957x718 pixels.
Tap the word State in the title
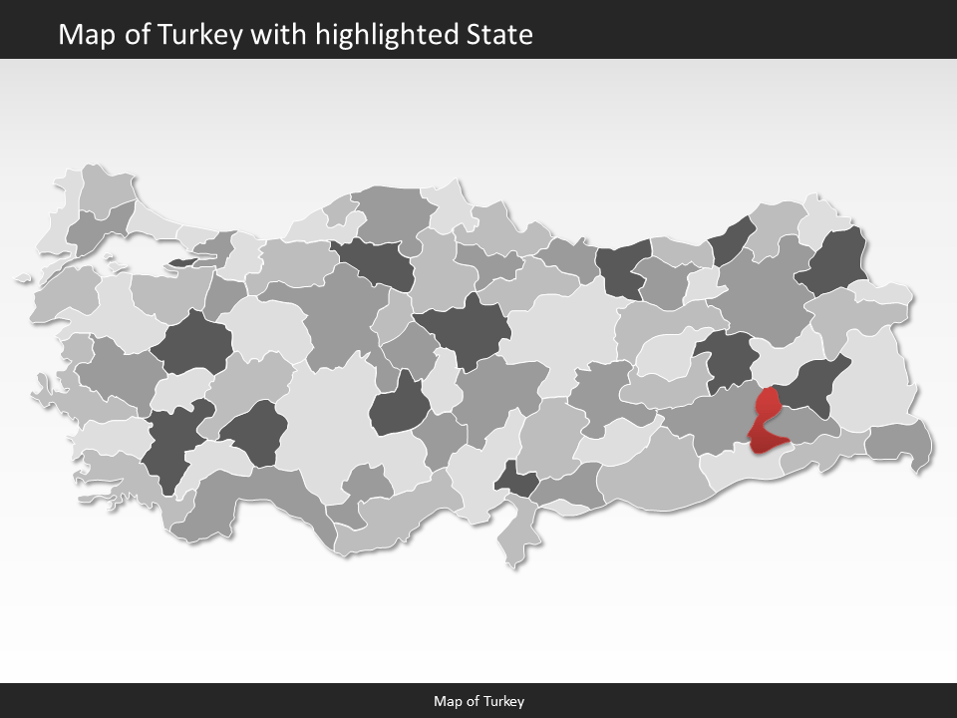coord(499,35)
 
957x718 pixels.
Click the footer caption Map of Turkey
coord(478,701)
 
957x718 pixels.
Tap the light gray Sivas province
coord(563,329)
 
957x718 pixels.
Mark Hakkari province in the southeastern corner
coord(899,442)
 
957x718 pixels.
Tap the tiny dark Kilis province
coord(516,481)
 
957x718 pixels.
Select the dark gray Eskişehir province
coord(192,342)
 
